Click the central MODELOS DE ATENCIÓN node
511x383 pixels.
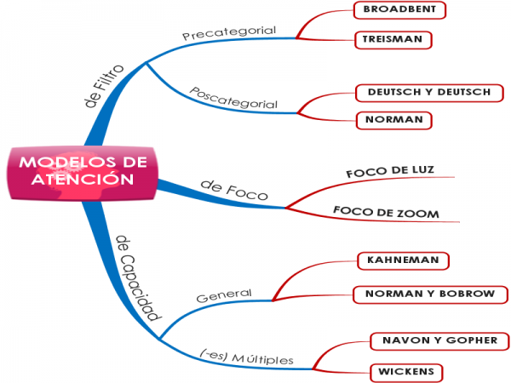pyautogui.click(x=83, y=171)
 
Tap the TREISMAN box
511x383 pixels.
pyautogui.click(x=393, y=40)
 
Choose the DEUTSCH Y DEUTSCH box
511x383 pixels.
pyautogui.click(x=428, y=92)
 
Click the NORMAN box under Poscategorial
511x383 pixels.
pyautogui.click(x=393, y=120)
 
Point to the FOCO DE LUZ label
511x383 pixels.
pyautogui.click(x=390, y=172)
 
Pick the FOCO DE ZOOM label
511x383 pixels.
pyautogui.click(x=386, y=212)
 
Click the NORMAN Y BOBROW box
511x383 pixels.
pyautogui.click(x=429, y=294)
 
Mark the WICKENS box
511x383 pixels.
pyautogui.click(x=405, y=372)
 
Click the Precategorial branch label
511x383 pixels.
pyautogui.click(x=229, y=33)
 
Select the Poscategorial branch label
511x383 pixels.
pyautogui.click(x=233, y=98)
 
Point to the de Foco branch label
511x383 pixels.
pyautogui.click(x=233, y=189)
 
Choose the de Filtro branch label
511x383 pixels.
pyautogui.click(x=105, y=86)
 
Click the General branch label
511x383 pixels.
pyautogui.click(x=223, y=296)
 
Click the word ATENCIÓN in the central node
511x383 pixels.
pyautogui.click(x=83, y=180)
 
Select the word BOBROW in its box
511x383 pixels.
pyautogui.click(x=465, y=294)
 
